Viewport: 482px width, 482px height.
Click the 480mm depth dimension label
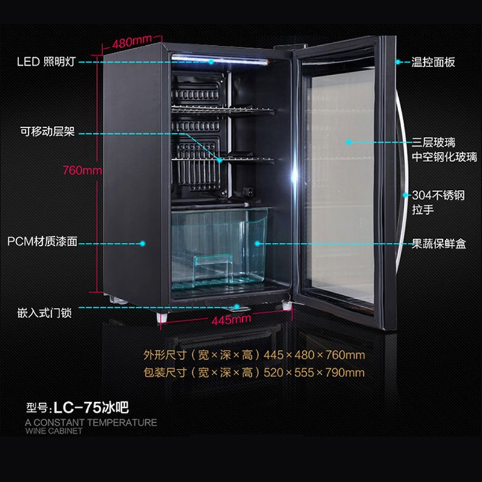pyautogui.click(x=132, y=42)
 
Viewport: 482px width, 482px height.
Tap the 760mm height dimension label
pyautogui.click(x=82, y=170)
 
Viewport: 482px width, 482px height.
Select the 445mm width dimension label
pyautogui.click(x=231, y=320)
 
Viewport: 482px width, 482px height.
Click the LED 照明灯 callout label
pyautogui.click(x=46, y=62)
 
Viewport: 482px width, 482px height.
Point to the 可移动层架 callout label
pyautogui.click(x=48, y=131)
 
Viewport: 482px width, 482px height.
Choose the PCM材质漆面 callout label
pyautogui.click(x=42, y=242)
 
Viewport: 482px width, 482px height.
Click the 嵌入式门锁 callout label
pyautogui.click(x=45, y=313)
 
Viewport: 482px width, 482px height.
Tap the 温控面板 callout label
pyautogui.click(x=433, y=62)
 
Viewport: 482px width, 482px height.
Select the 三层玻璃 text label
pyautogui.click(x=433, y=142)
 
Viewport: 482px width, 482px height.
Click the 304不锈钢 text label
pyautogui.click(x=439, y=195)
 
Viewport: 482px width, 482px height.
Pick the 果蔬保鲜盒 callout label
pyautogui.click(x=439, y=244)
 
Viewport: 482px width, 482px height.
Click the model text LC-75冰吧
pyautogui.click(x=91, y=408)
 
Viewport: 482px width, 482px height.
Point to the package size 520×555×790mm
pyautogui.click(x=314, y=372)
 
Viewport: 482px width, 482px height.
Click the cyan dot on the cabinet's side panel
pyautogui.click(x=142, y=243)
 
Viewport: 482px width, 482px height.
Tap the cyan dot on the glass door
pyautogui.click(x=348, y=142)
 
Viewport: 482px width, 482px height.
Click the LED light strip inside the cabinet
pyautogui.click(x=220, y=59)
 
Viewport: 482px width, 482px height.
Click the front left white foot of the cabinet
pyautogui.click(x=162, y=318)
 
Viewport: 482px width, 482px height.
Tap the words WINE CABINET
pyautogui.click(x=54, y=431)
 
